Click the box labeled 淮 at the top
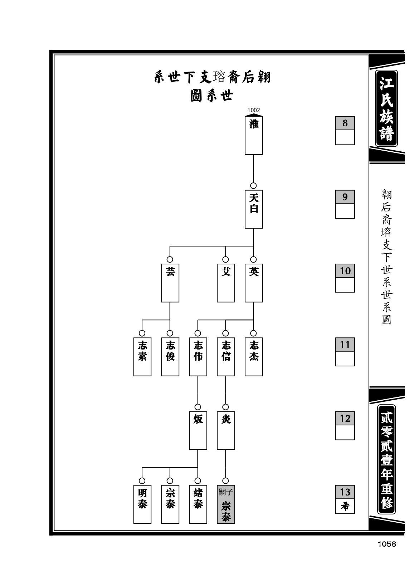tap(254, 135)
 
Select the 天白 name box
tap(254, 209)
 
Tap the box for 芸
tap(170, 283)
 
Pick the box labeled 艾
tap(226, 283)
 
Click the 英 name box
tap(254, 283)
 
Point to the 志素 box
tap(142, 357)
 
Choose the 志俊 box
tap(170, 357)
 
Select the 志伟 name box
tap(198, 357)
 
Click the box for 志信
tap(226, 357)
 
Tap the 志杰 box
tap(254, 357)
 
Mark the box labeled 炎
tap(226, 430)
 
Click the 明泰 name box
tap(142, 504)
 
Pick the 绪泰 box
tap(198, 504)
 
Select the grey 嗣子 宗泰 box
tap(226, 504)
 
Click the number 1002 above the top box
tap(254, 110)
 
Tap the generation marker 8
tap(345, 123)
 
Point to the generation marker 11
tap(345, 344)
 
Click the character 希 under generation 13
tap(345, 507)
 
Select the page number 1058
tap(387, 544)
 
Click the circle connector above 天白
tap(253, 186)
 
